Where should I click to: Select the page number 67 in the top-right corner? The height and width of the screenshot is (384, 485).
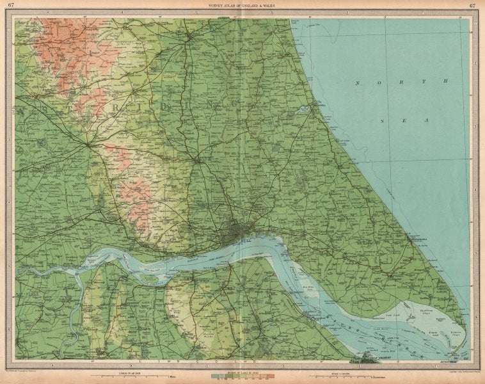[472, 6]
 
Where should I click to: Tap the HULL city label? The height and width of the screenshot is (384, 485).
[246, 239]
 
